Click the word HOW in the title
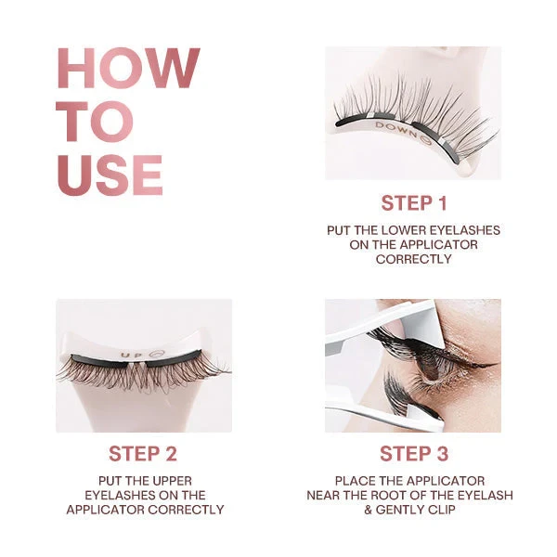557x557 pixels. coord(128,69)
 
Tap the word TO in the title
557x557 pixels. coord(95,122)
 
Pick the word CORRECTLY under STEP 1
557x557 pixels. coord(413,259)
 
